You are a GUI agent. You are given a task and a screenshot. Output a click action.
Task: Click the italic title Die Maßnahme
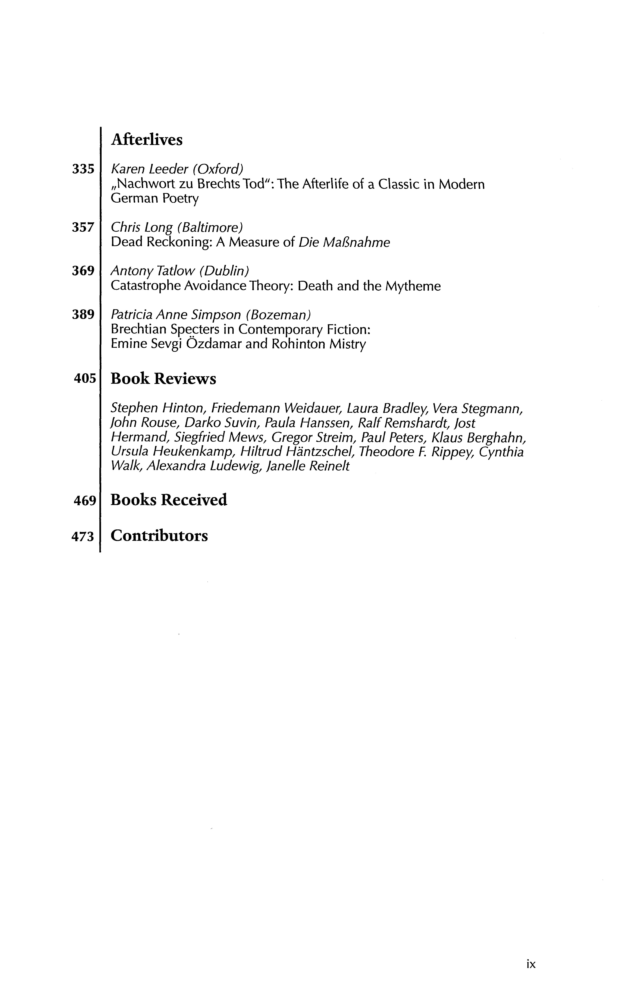coord(344,243)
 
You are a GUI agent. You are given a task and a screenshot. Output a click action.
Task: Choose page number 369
coord(83,271)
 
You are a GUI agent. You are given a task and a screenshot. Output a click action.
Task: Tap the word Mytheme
coord(413,286)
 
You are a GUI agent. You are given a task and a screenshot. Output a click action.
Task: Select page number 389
coord(83,314)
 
